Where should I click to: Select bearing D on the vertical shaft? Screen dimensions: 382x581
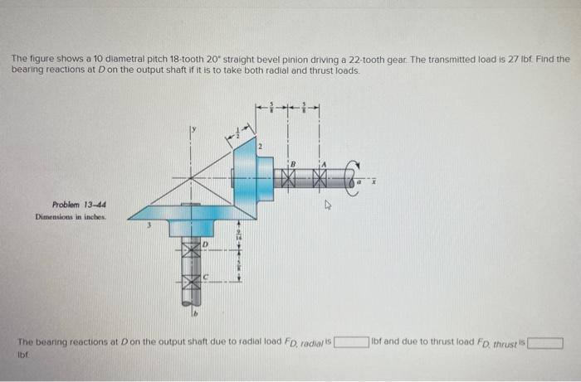pyautogui.click(x=192, y=248)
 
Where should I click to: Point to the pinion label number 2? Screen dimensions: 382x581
pyautogui.click(x=259, y=147)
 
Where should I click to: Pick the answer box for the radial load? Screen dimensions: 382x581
pyautogui.click(x=351, y=341)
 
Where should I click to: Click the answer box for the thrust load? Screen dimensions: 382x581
pyautogui.click(x=547, y=341)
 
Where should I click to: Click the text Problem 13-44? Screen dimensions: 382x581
pyautogui.click(x=79, y=205)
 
